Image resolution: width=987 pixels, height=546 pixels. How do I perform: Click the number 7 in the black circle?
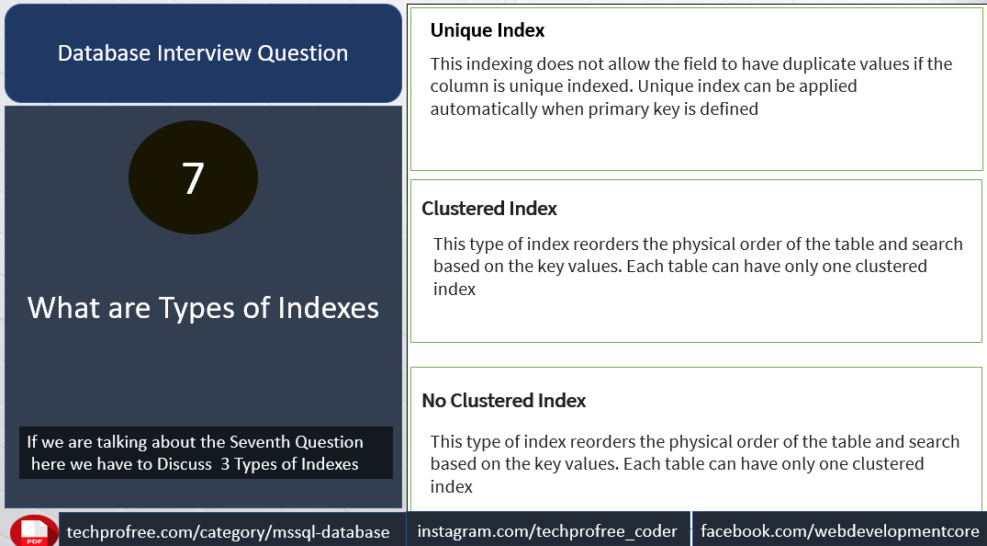pyautogui.click(x=193, y=177)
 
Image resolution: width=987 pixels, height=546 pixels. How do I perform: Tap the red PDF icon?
pyautogui.click(x=34, y=531)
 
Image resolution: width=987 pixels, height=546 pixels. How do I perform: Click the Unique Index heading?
pyautogui.click(x=488, y=30)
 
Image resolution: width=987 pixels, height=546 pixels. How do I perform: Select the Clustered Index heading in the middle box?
pyautogui.click(x=489, y=208)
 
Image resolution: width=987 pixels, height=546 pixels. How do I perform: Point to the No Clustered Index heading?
pyautogui.click(x=503, y=401)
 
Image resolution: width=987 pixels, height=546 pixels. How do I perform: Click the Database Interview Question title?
pyautogui.click(x=203, y=53)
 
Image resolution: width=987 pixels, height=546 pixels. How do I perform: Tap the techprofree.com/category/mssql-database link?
pyautogui.click(x=228, y=532)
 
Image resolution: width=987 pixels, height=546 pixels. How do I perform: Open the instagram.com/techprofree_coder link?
pyautogui.click(x=547, y=531)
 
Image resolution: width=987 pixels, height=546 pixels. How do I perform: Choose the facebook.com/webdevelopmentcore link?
pyautogui.click(x=840, y=531)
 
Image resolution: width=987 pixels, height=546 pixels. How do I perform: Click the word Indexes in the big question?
pyautogui.click(x=329, y=308)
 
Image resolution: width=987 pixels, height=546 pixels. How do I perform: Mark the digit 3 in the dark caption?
pyautogui.click(x=225, y=465)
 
